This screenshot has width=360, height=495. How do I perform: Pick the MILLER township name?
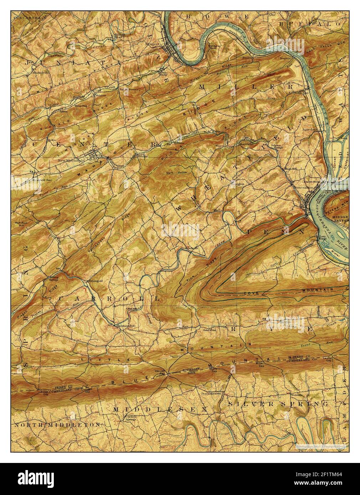tap(246, 87)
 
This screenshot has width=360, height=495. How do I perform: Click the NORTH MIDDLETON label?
tap(57, 425)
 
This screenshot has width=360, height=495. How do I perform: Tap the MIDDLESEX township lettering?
tap(160, 410)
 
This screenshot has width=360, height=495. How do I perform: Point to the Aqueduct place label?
tap(309, 130)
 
